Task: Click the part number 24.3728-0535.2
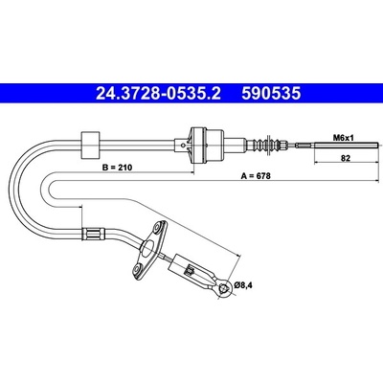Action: (x=158, y=94)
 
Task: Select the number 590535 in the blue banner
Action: (x=271, y=94)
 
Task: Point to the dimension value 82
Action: (x=346, y=158)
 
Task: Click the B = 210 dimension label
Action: (x=117, y=168)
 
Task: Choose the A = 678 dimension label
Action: (x=256, y=176)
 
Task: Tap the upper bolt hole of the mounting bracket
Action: (x=158, y=229)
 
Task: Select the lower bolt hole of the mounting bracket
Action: (x=138, y=269)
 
